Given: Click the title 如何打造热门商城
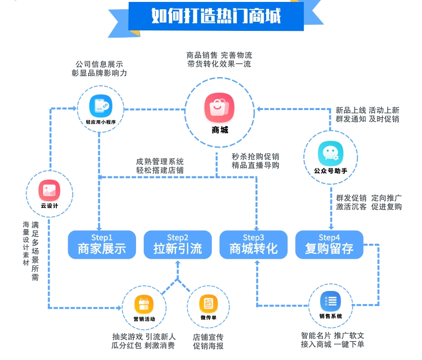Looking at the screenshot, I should tap(216, 15).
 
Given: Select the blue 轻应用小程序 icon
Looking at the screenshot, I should tap(101, 106).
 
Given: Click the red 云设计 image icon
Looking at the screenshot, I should tap(49, 190).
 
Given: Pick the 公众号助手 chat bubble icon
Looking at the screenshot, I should tap(330, 154).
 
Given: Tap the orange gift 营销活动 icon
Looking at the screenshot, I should tap(144, 305).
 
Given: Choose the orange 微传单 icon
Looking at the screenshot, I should tap(208, 304).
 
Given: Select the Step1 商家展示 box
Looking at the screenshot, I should tap(102, 245).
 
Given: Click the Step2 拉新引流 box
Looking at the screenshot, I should tap(177, 245).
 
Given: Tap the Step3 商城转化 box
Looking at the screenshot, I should tap(253, 245).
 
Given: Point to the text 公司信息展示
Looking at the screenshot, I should tap(99, 64).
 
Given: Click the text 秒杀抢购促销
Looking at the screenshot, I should tap(255, 156).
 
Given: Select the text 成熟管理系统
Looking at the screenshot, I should tap(160, 161).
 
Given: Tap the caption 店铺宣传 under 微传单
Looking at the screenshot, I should tap(208, 336).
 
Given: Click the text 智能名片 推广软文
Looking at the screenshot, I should tap(332, 335).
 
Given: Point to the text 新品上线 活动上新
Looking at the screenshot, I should tap(368, 110).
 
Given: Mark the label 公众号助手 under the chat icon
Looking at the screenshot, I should tap(330, 171).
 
